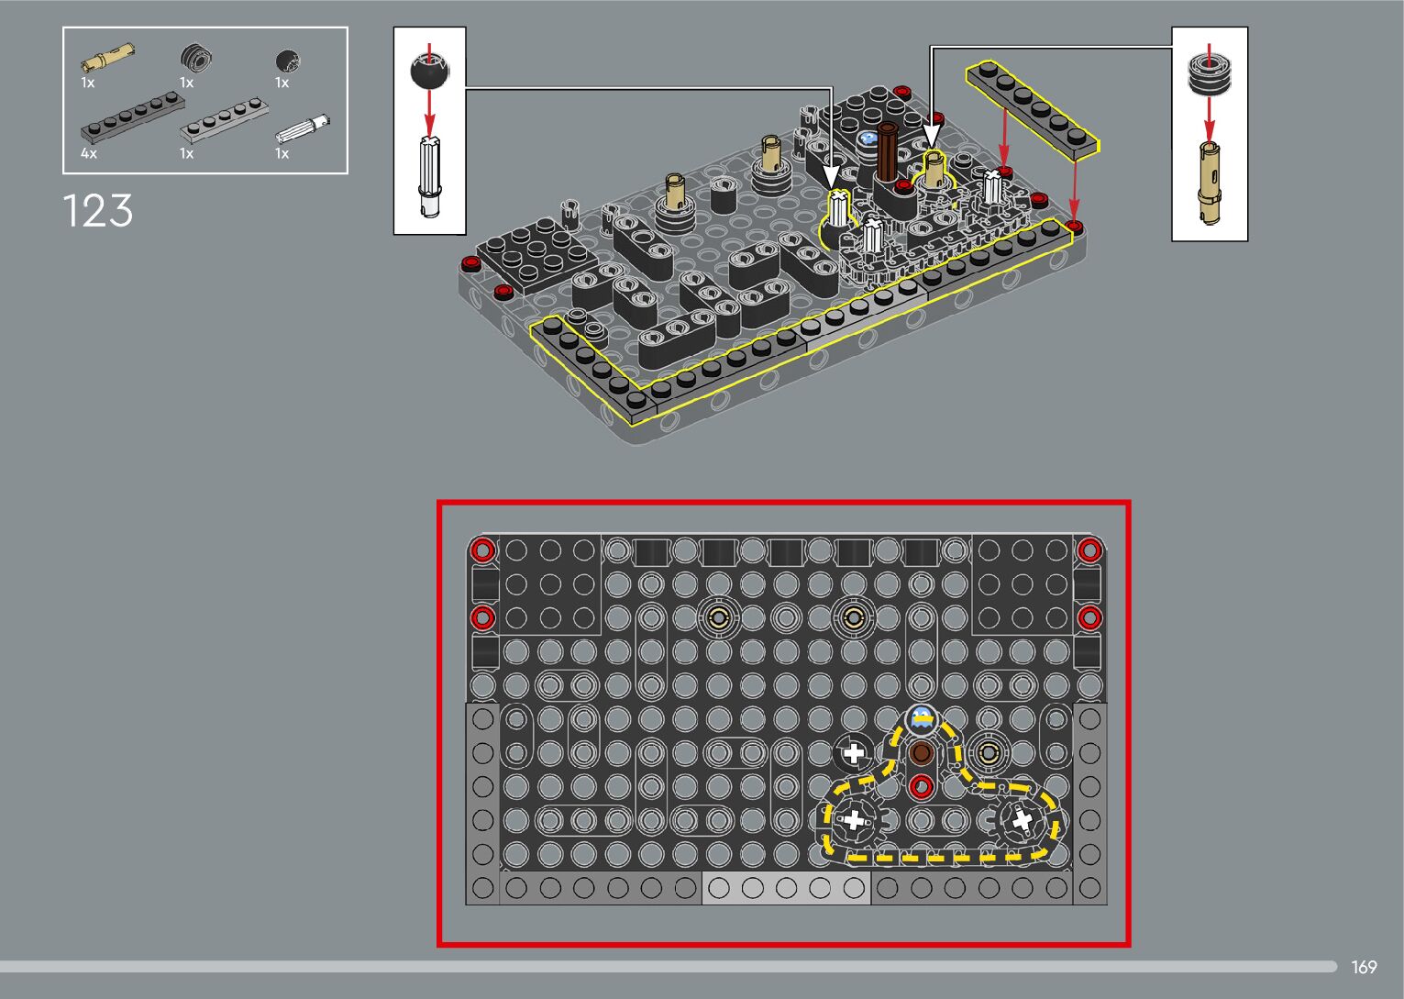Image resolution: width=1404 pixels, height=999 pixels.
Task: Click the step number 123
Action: (x=98, y=210)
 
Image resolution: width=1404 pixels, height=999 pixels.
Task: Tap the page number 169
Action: (x=1364, y=967)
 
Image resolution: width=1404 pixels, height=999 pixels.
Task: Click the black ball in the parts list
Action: (x=288, y=61)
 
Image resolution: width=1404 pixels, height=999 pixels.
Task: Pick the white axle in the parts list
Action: (x=303, y=128)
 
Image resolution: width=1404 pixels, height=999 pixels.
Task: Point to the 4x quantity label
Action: (x=88, y=153)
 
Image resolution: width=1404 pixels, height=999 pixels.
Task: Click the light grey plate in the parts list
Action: (x=224, y=120)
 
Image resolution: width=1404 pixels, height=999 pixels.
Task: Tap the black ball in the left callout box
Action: (x=429, y=72)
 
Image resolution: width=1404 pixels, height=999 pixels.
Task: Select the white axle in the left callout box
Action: (x=429, y=176)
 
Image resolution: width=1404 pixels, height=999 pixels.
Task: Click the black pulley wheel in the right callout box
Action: (x=1209, y=74)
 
